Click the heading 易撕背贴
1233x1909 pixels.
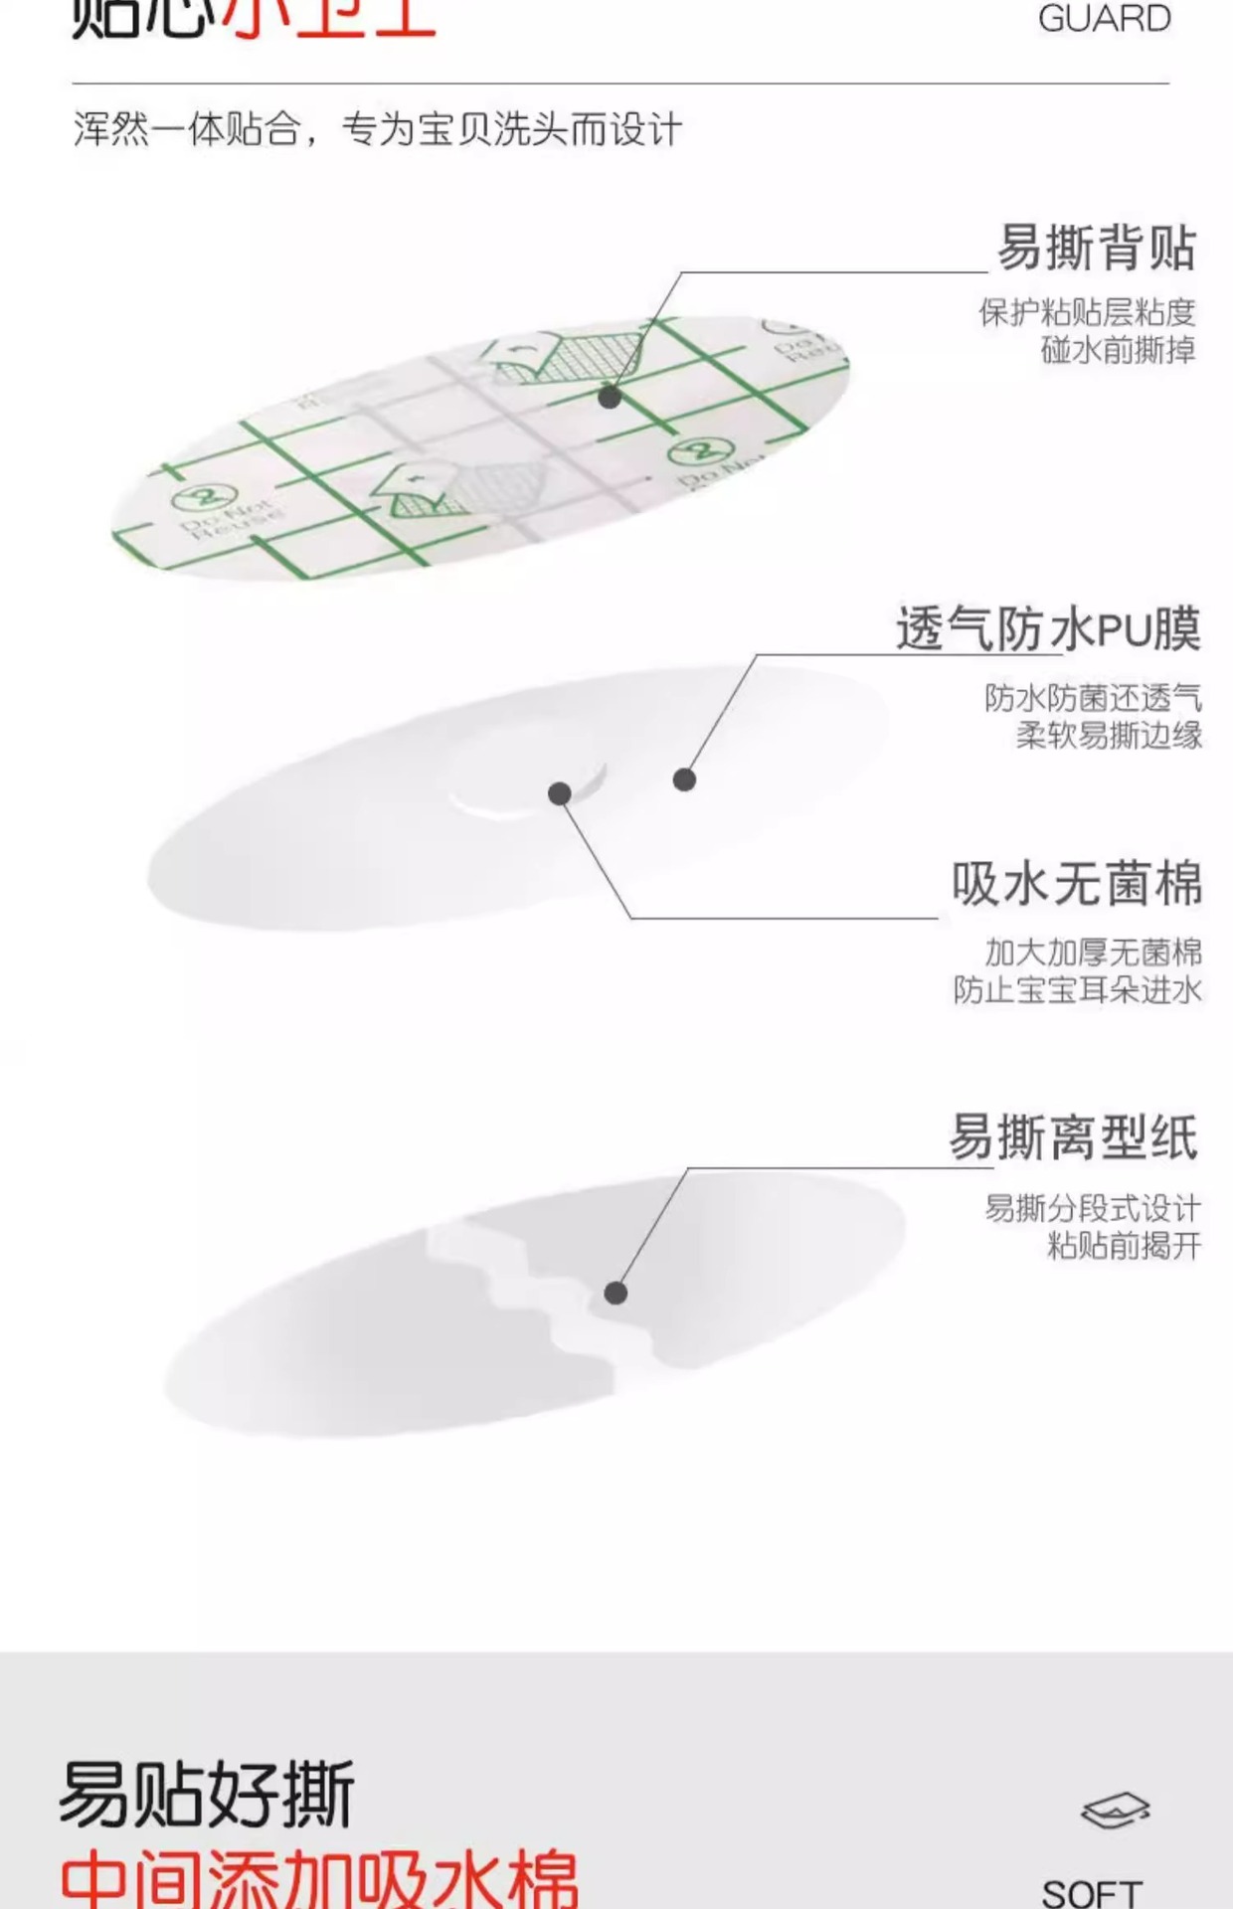(1095, 249)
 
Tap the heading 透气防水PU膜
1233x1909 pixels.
(1048, 629)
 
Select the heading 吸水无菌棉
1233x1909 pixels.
(1076, 884)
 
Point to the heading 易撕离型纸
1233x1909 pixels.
(1073, 1137)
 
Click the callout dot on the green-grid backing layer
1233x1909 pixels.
(610, 397)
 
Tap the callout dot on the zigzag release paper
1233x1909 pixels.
(616, 1293)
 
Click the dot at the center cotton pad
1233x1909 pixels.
(560, 793)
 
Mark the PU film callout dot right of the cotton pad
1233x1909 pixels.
(684, 780)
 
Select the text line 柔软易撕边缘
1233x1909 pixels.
(1109, 736)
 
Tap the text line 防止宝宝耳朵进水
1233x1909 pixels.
(1078, 990)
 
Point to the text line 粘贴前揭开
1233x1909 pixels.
(1124, 1245)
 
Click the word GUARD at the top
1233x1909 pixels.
(1104, 19)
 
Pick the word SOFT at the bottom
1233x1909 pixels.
(1092, 1891)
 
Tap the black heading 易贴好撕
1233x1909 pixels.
(207, 1795)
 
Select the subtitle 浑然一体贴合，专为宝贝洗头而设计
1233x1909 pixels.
(378, 130)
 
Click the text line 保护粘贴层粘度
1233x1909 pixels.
(1087, 313)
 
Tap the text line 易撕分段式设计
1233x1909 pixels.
(1093, 1209)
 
